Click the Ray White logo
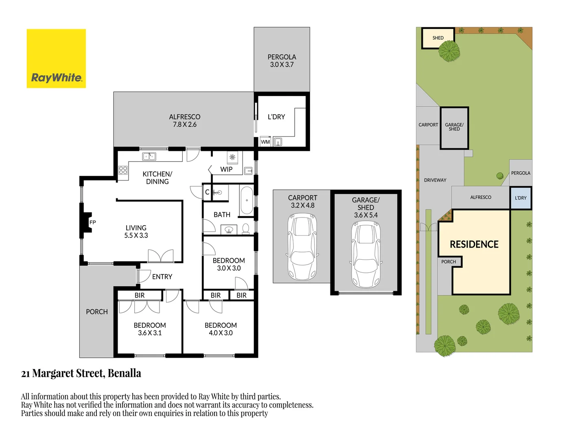(56, 59)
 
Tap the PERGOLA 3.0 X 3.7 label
(282, 61)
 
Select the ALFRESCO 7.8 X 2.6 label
(184, 121)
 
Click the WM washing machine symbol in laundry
(265, 142)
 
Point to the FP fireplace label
(92, 222)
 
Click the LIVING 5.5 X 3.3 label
(136, 232)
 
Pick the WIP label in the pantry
(226, 170)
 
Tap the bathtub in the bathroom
(246, 200)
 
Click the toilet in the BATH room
(246, 229)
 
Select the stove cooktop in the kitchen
(123, 170)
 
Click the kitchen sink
(149, 156)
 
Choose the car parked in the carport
(302, 247)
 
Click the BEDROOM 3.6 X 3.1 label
(150, 329)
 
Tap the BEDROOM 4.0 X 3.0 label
(221, 329)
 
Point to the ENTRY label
(162, 277)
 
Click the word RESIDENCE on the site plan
(474, 244)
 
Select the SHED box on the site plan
(438, 38)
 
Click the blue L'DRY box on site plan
(520, 198)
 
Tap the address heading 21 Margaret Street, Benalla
(81, 373)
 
